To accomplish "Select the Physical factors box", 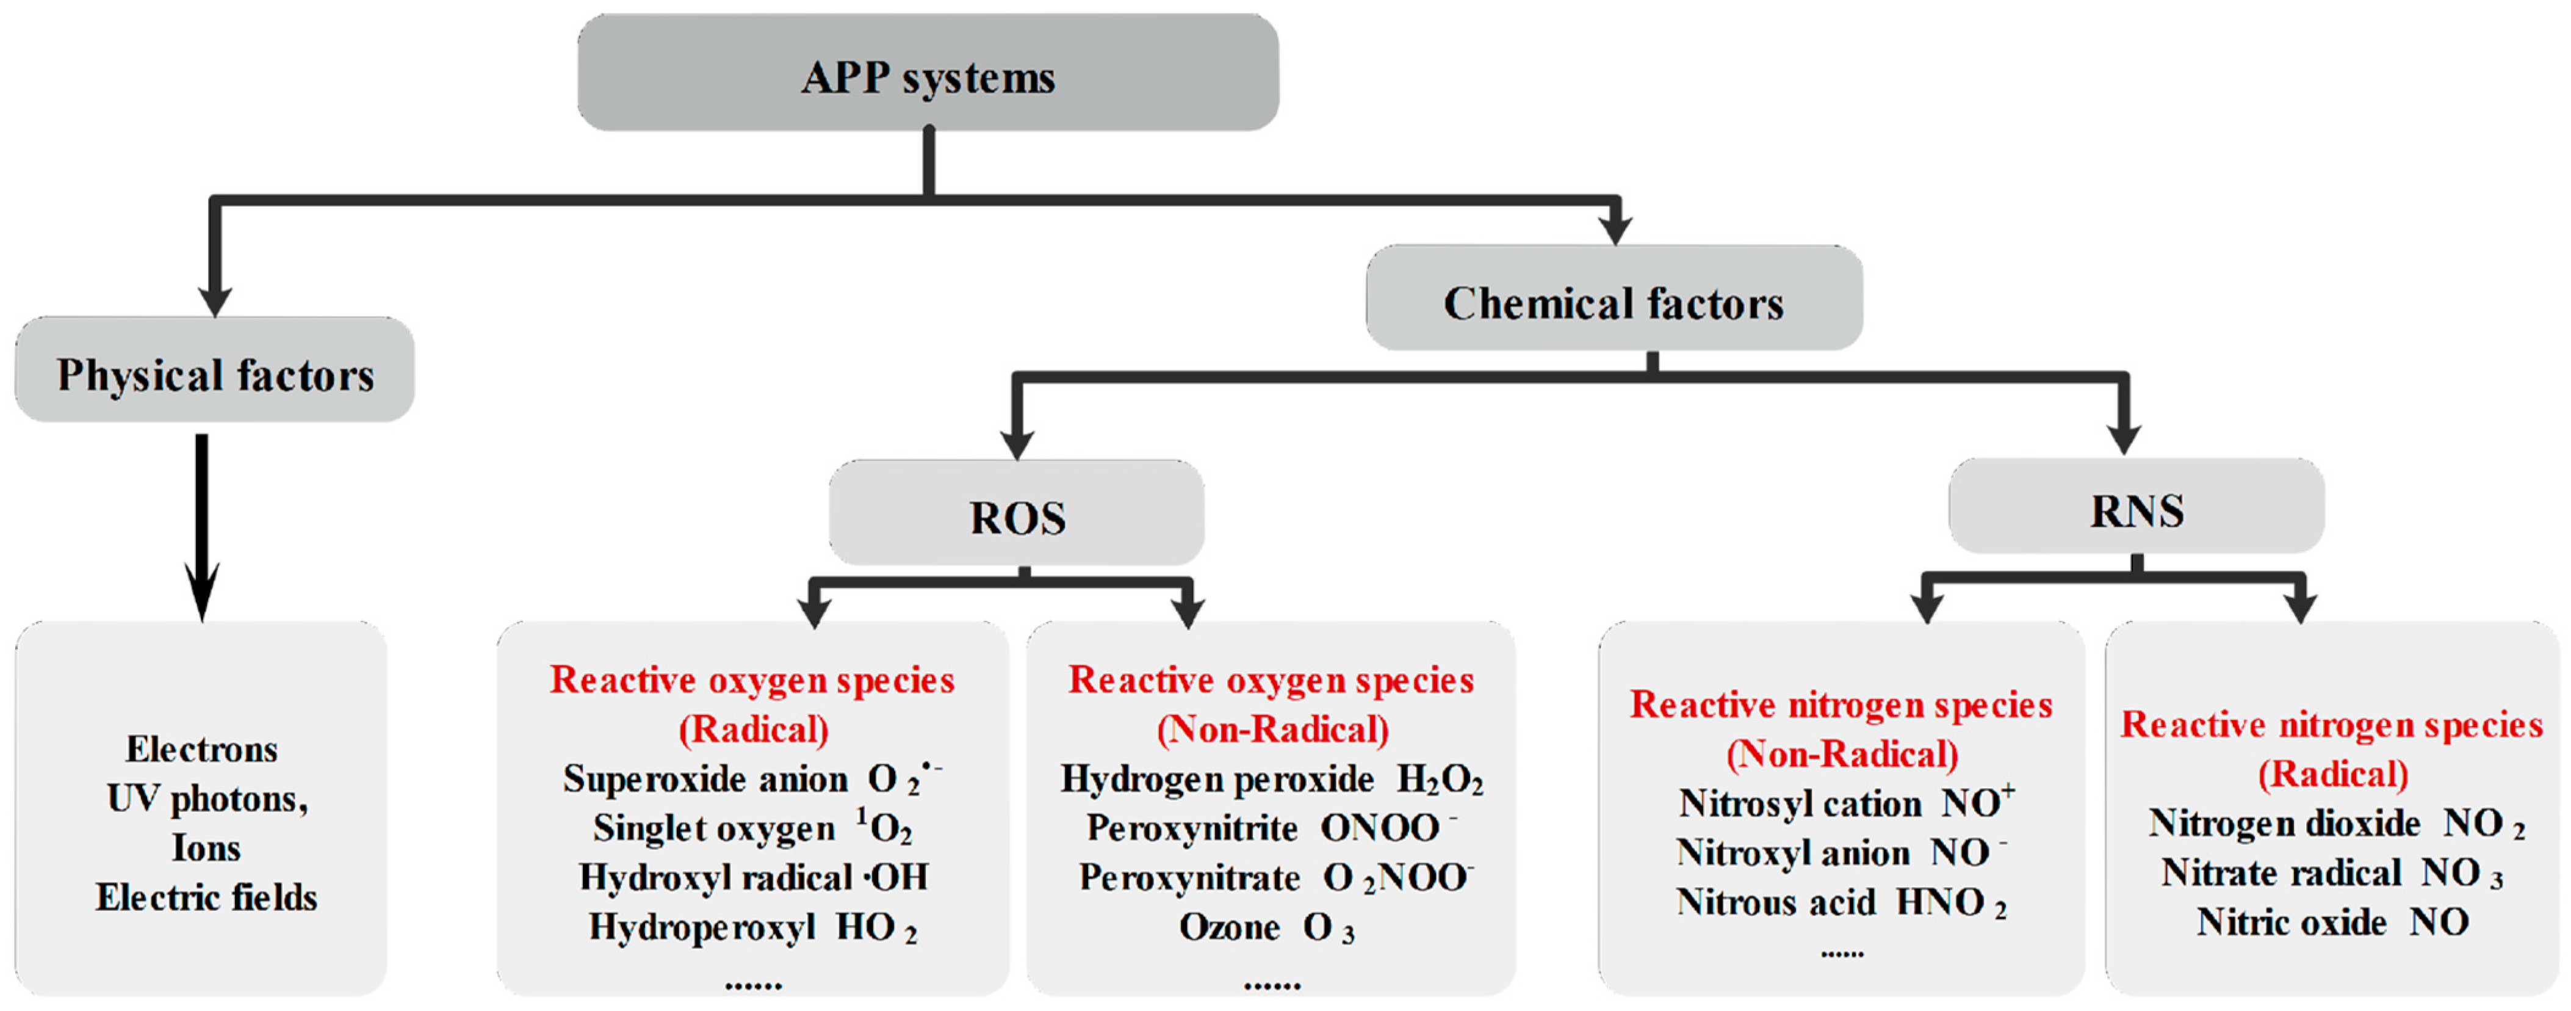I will [x=215, y=371].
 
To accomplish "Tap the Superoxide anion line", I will [x=752, y=778].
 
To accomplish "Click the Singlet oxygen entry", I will [x=752, y=827].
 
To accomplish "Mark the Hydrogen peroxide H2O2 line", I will [x=1272, y=778].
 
